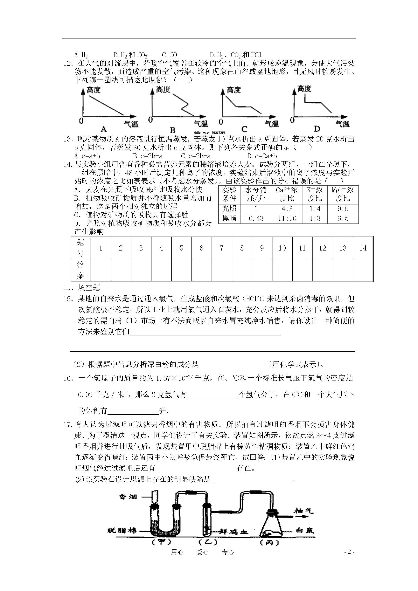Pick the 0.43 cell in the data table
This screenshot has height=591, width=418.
tap(256, 218)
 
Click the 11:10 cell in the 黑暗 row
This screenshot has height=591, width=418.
tap(287, 218)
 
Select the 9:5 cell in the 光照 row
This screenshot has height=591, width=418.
tap(343, 209)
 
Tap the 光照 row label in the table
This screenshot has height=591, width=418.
tap(229, 209)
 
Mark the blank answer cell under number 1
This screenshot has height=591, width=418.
tap(101, 270)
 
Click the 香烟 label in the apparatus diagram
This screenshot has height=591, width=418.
tap(128, 497)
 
